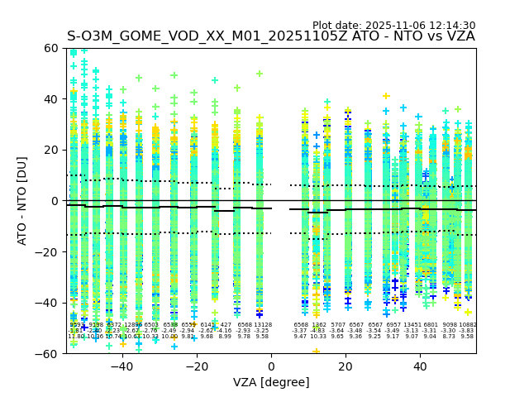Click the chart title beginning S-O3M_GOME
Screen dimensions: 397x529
(x=271, y=36)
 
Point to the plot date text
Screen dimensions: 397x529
(x=393, y=26)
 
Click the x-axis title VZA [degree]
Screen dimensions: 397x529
(x=271, y=382)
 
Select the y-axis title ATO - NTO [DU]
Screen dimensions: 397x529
(x=22, y=201)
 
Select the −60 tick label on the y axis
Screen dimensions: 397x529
(x=48, y=353)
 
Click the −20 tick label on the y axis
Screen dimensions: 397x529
(x=48, y=251)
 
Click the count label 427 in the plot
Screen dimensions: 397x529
(x=226, y=325)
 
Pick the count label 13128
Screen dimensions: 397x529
(x=262, y=325)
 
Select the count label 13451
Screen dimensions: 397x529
(x=412, y=325)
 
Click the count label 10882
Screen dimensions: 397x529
(x=468, y=325)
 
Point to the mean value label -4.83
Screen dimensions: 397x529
(x=318, y=331)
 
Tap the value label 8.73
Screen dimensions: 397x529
(x=449, y=337)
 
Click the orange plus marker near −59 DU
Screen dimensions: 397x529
(x=316, y=352)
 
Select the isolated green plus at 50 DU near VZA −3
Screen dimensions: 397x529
(x=260, y=74)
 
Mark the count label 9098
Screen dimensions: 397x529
(x=450, y=325)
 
